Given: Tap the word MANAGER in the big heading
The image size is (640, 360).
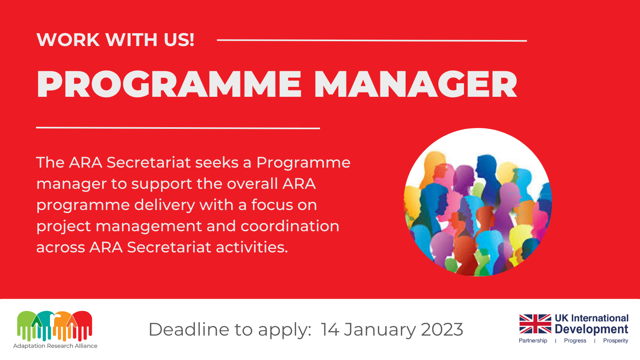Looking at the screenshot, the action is point(416,84).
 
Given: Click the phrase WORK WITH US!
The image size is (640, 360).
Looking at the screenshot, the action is point(116,40).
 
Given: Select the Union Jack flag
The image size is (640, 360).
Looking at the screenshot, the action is point(535,324).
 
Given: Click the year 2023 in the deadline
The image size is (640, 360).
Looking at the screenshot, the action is point(442,330).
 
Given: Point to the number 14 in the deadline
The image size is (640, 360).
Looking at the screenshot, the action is point(330,330).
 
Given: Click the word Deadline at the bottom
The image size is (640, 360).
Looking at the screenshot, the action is point(189,329).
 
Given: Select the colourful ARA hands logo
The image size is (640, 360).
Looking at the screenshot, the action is point(54,326).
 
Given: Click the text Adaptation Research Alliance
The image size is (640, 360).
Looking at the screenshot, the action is point(55,346).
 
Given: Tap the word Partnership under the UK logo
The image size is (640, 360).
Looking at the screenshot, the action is point(533,340).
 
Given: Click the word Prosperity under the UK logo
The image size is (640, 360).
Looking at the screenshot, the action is point(616,340).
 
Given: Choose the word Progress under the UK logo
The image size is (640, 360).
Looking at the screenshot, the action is point(575,340).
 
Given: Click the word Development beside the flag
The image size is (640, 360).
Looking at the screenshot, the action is point(591,330).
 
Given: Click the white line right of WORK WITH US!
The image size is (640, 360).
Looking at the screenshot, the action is point(372,40).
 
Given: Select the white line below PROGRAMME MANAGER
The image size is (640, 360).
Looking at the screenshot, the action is point(178,128).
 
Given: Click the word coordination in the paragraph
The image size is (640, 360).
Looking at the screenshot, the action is point(290,226).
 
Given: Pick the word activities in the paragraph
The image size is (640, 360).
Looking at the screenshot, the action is point(252,247).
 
